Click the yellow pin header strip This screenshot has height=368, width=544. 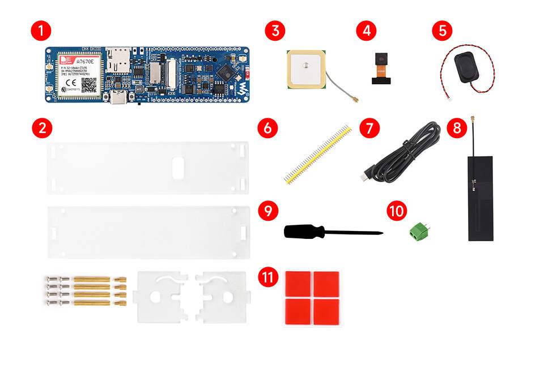click(317, 154)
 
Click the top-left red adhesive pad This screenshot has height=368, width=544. click(297, 283)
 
